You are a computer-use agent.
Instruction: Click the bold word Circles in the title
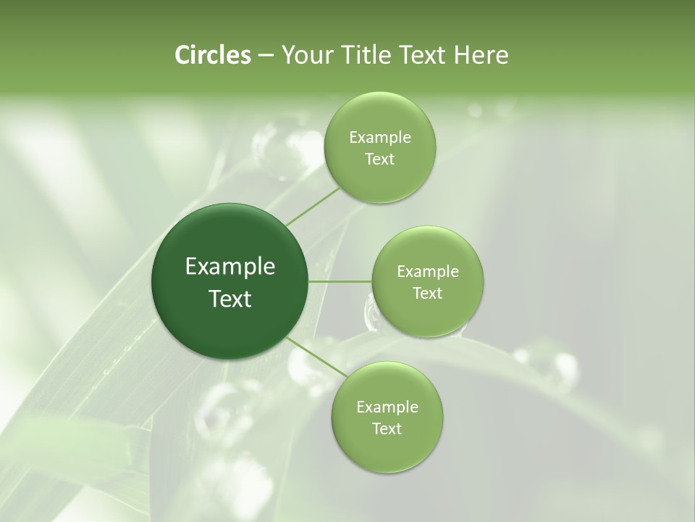(212, 55)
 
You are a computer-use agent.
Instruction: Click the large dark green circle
(229, 319)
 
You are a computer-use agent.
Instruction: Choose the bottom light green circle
(387, 449)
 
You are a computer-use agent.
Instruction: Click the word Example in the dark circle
(229, 267)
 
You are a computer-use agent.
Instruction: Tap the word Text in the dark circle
(229, 299)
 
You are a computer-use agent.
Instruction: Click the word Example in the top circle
(379, 138)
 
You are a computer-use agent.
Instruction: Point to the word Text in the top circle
(379, 159)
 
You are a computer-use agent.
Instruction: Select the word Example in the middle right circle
(427, 272)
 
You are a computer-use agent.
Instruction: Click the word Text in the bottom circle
(387, 428)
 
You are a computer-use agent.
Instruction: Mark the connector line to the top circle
(313, 207)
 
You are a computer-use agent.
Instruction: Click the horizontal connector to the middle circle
(340, 281)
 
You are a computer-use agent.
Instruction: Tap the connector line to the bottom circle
(313, 357)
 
